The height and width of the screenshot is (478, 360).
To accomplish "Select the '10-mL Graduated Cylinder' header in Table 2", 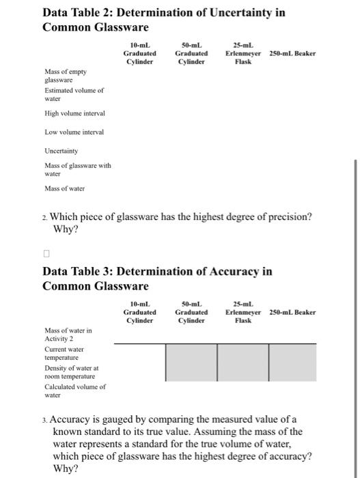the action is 139,53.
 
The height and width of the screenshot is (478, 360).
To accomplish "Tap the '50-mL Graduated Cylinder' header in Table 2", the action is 192,53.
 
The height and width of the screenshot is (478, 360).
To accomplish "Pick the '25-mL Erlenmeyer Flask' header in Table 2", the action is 243,53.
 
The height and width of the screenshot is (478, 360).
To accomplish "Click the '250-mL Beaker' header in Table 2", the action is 292,53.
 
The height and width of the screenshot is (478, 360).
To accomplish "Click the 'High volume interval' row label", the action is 74,113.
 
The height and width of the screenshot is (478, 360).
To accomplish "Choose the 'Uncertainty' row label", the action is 61,151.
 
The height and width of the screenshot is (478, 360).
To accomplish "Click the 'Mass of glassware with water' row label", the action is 77,169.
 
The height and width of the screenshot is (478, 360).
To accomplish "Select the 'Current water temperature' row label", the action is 64,353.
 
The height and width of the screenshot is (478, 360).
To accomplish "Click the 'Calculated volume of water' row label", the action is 74,391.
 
